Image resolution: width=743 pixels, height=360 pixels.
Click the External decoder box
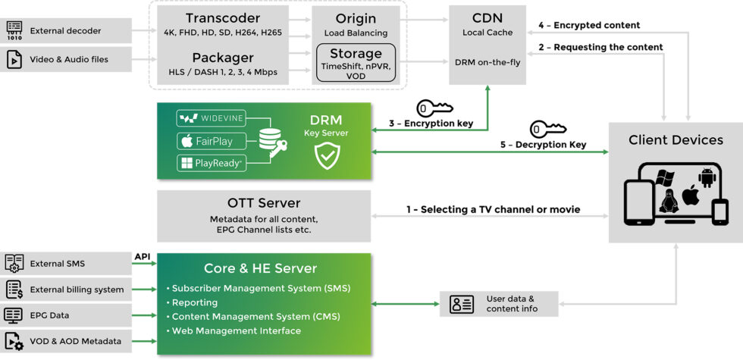[66, 31]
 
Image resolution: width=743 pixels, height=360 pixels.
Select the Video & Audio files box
[66, 59]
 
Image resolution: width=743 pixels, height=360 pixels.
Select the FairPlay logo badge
[205, 141]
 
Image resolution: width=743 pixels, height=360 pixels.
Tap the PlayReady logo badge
[210, 163]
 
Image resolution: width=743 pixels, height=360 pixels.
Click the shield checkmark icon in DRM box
[327, 157]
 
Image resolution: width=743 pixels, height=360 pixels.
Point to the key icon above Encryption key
[434, 108]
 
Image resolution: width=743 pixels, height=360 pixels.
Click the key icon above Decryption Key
[547, 129]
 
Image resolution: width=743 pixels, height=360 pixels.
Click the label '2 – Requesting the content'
[601, 47]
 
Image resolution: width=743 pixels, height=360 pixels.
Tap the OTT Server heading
[264, 203]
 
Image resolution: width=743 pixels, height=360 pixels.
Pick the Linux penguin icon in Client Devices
[668, 202]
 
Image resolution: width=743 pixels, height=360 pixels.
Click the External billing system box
[66, 289]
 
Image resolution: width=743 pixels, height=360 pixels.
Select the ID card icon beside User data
[462, 304]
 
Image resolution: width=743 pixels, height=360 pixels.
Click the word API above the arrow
[143, 257]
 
